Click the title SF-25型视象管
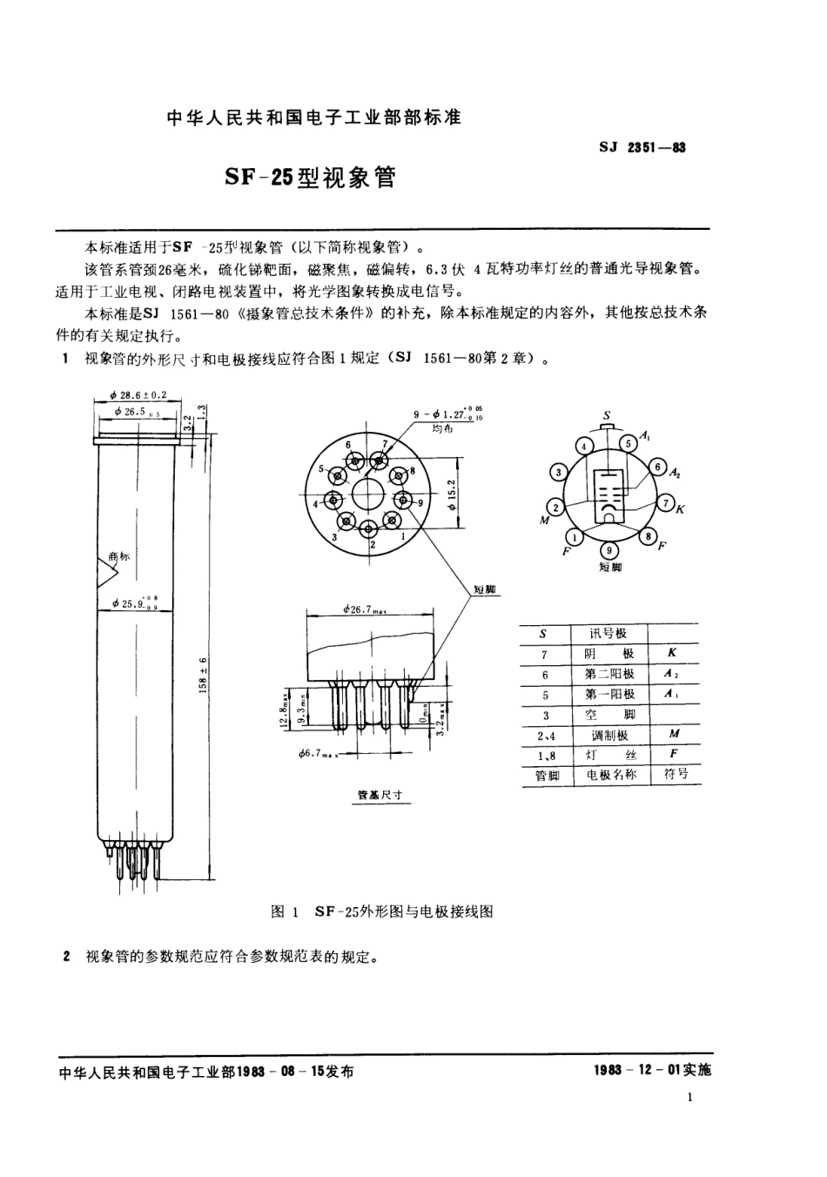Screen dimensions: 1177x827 [x=309, y=178]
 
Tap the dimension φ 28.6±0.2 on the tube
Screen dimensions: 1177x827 [x=139, y=394]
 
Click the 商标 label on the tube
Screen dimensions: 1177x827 [x=119, y=555]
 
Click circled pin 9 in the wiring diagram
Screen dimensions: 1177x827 [x=608, y=550]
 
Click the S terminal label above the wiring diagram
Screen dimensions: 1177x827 [x=607, y=415]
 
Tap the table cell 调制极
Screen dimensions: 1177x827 [x=609, y=735]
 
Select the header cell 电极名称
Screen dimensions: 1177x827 [x=610, y=775]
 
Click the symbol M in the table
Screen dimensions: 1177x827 [x=674, y=734]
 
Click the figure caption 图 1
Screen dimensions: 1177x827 [x=285, y=911]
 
